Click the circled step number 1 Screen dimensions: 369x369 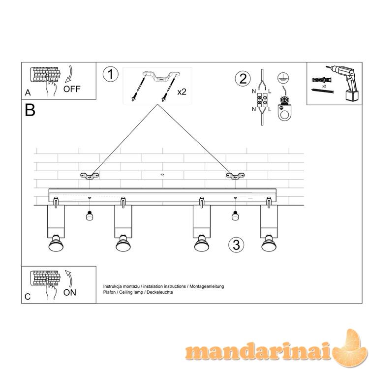coord(111,74)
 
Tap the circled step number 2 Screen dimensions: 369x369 coord(243,79)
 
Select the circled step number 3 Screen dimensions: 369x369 coord(236,245)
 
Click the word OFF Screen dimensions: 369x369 coord(72,89)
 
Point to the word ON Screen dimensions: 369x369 coord(70,293)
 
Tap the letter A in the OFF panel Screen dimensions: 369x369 coord(28,92)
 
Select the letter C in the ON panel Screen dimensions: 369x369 coord(28,297)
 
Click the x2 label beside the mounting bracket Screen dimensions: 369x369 coord(182,92)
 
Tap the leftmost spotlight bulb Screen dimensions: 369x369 coord(56,243)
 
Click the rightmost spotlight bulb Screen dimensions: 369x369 coord(269,243)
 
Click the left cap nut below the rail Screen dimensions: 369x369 coord(89,215)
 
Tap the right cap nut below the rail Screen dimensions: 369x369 coord(235,215)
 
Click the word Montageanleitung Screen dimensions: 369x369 coord(207,286)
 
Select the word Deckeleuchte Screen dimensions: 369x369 coord(160,292)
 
